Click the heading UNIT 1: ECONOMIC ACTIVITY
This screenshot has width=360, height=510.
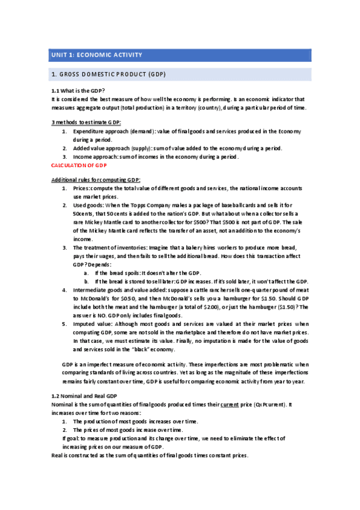click(96, 55)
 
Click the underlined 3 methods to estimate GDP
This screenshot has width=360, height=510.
click(86, 123)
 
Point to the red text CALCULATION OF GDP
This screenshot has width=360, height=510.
click(79, 165)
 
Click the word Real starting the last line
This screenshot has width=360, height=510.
click(58, 455)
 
